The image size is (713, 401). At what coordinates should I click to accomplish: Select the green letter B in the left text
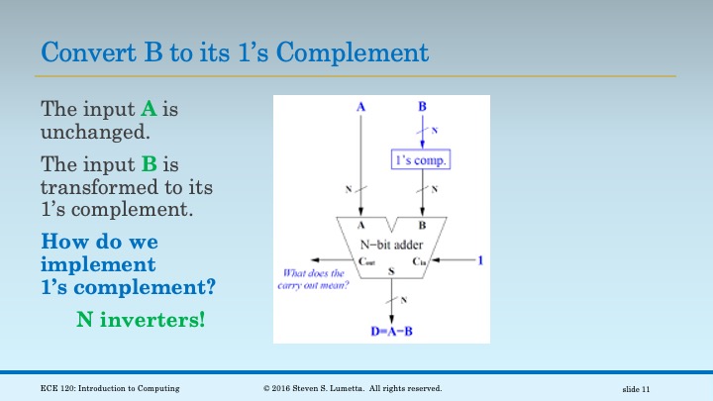(137, 163)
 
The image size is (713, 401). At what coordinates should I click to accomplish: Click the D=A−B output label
(395, 331)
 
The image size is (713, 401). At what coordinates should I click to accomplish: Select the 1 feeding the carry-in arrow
(481, 261)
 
